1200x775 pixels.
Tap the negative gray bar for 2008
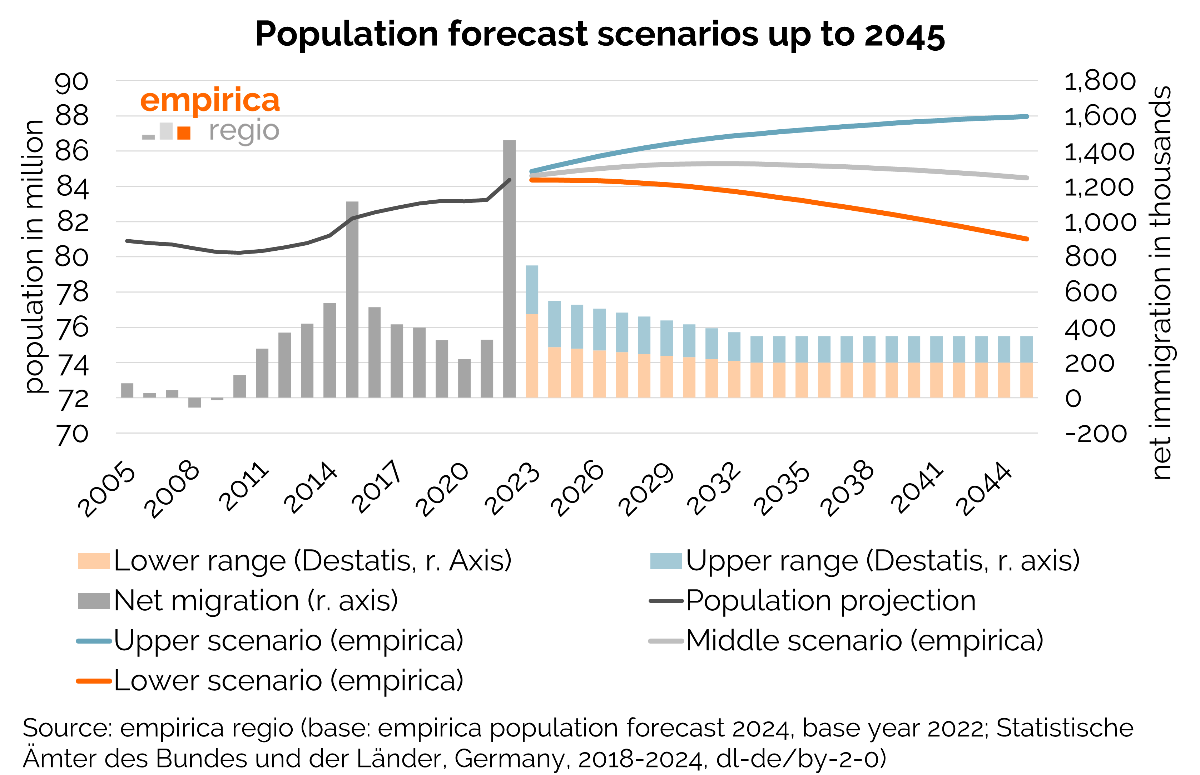[194, 402]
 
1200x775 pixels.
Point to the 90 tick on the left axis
[71, 82]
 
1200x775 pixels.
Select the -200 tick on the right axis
[1096, 434]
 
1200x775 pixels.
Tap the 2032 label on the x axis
[714, 488]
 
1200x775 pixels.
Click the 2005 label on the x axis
[107, 489]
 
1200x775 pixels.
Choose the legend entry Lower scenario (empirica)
[288, 680]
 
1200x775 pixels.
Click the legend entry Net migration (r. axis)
[256, 600]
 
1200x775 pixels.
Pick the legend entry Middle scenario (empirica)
[864, 641]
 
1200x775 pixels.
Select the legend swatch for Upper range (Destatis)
[665, 561]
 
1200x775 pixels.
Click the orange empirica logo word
[210, 101]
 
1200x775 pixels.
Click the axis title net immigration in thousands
[1161, 282]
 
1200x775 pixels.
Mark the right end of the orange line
[1027, 239]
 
